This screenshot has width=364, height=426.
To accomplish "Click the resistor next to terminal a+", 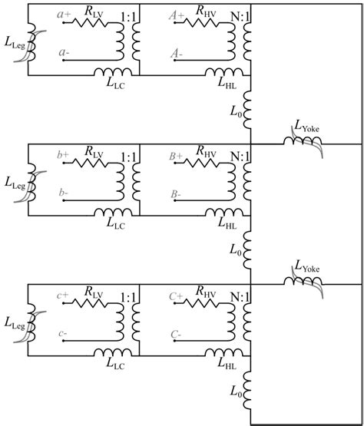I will (x=93, y=21).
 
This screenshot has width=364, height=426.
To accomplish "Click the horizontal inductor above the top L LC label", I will (x=114, y=73).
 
